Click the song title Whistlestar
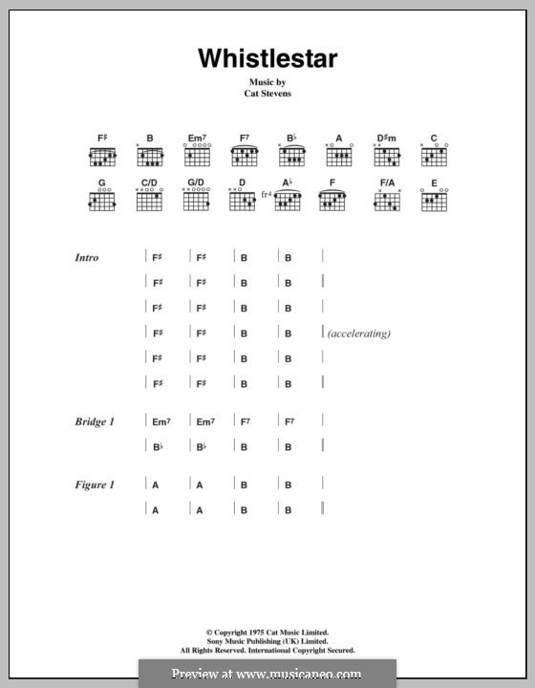coord(267,58)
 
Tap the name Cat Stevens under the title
coord(267,96)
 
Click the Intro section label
coord(87,258)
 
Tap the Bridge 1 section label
coord(95,421)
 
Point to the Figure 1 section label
coord(95,485)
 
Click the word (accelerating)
coord(358,333)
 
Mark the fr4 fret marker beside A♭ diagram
coord(266,196)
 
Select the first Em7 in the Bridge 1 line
coord(160,421)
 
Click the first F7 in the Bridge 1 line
coord(245,421)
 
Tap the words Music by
coord(267,84)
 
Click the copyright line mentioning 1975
coord(267,634)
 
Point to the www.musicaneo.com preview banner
coord(267,674)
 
